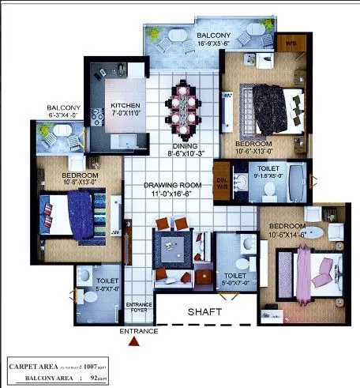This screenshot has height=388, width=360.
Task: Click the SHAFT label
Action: coord(204,312)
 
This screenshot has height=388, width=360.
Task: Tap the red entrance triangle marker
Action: coord(137,341)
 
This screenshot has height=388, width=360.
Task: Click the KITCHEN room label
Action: coord(126,107)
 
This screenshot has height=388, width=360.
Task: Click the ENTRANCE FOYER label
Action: coord(138,306)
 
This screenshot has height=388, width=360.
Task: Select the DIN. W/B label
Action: coord(222,180)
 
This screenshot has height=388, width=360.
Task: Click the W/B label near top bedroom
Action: coord(291,43)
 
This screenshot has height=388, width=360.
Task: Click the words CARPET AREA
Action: coord(34,367)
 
